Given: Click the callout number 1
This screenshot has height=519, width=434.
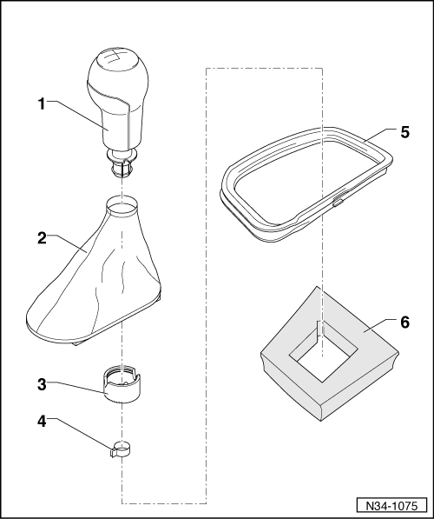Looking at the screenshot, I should [40, 102].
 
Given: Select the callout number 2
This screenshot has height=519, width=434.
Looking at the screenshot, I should [40, 236].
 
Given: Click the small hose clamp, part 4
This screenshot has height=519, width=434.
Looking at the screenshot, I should [122, 450].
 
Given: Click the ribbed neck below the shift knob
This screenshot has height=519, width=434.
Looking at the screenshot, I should [122, 160].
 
